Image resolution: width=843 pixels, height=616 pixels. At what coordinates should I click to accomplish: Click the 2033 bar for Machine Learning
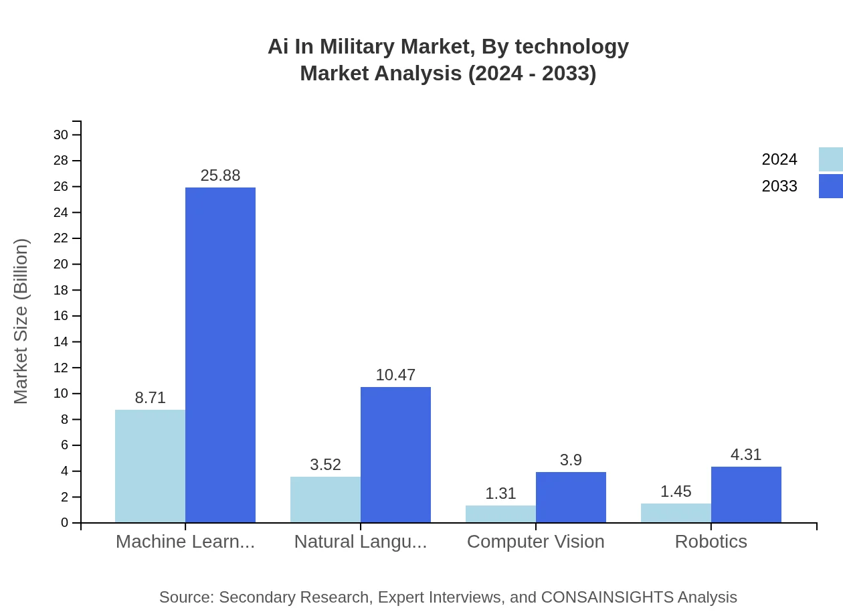click(x=220, y=355)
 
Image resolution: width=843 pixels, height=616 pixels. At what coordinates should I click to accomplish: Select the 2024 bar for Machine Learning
click(x=150, y=466)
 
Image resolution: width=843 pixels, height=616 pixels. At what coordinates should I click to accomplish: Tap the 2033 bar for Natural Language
click(x=395, y=455)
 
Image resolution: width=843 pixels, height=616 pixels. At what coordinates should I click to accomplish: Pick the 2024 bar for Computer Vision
click(x=500, y=514)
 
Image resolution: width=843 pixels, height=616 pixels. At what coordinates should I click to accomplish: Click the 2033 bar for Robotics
click(x=746, y=495)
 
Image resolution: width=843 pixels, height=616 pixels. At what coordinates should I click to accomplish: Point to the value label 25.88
click(x=220, y=175)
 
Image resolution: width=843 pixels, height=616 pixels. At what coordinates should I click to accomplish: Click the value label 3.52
click(x=325, y=465)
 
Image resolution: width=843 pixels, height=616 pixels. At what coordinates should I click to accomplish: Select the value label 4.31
click(x=746, y=455)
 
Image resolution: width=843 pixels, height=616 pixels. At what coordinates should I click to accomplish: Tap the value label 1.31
click(x=500, y=493)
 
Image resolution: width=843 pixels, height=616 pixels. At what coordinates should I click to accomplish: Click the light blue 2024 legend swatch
click(x=830, y=159)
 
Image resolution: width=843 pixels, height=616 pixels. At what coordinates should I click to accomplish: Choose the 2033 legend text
click(x=779, y=186)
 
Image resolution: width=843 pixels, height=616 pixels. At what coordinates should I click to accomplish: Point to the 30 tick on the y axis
click(x=61, y=135)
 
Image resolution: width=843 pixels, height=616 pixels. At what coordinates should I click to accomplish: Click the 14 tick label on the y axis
click(x=61, y=342)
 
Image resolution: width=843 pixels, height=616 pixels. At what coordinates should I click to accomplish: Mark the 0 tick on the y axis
click(x=65, y=523)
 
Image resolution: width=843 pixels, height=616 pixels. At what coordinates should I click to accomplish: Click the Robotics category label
click(x=711, y=542)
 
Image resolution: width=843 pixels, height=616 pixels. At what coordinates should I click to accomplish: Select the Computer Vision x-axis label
click(x=535, y=542)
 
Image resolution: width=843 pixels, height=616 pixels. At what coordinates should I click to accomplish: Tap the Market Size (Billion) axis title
click(x=21, y=321)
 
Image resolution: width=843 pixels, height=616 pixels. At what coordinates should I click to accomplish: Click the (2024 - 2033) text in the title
click(x=532, y=74)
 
